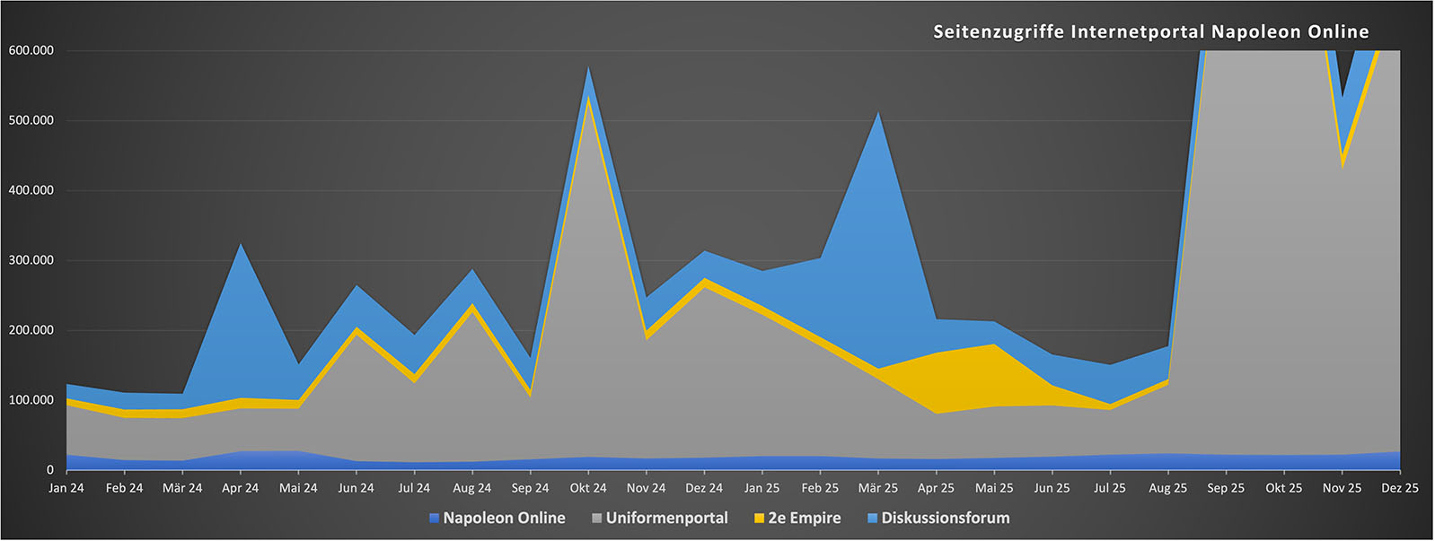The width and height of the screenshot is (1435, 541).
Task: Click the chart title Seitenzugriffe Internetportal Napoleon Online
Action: pyautogui.click(x=1150, y=32)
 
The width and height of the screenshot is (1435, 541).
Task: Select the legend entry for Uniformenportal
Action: pyautogui.click(x=666, y=519)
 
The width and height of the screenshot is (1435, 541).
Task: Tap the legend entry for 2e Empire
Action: pyautogui.click(x=804, y=519)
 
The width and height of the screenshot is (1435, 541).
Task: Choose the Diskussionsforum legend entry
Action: pyautogui.click(x=945, y=519)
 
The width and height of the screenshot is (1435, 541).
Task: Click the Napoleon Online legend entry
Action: pyautogui.click(x=504, y=519)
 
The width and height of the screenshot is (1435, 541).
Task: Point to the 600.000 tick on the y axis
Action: pyautogui.click(x=31, y=50)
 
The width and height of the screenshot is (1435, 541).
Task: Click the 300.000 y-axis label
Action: pyautogui.click(x=31, y=260)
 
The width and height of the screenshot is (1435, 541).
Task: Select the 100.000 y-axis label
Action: pyautogui.click(x=31, y=400)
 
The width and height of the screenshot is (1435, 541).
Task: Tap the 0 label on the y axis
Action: pyautogui.click(x=50, y=470)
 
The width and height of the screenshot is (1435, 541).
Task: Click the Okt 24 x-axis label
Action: pyautogui.click(x=588, y=488)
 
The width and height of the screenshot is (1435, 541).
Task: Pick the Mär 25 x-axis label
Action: pyautogui.click(x=878, y=488)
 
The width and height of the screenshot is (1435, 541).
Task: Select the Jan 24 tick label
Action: pyautogui.click(x=66, y=488)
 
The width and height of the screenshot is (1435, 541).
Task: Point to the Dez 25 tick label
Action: pyautogui.click(x=1399, y=488)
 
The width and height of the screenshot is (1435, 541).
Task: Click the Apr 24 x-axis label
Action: pyautogui.click(x=240, y=488)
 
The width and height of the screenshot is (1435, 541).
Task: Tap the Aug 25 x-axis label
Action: pyautogui.click(x=1167, y=488)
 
